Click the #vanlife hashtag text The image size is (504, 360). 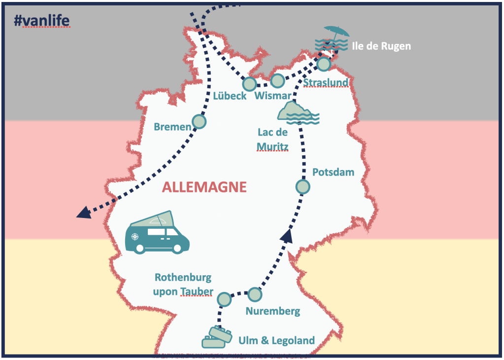pos(42,20)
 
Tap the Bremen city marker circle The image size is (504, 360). pos(199,121)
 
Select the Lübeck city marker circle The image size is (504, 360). pos(250,84)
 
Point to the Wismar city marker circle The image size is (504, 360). pos(278,80)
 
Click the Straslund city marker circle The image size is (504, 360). pos(323,64)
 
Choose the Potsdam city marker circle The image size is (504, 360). pos(302,187)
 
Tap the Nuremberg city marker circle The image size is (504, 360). pos(254,294)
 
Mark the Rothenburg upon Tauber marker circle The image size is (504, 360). pos(224,299)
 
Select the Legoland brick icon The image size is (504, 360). pos(217,337)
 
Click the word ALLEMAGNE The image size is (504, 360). pos(204,187)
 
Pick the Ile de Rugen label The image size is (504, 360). pos(381,47)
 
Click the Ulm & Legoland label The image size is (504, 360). pos(276,340)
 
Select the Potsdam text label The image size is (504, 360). pos(333,172)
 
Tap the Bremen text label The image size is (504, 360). pos(172,127)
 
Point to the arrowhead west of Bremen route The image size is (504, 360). pos(83,212)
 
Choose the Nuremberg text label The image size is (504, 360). pos(272,312)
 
